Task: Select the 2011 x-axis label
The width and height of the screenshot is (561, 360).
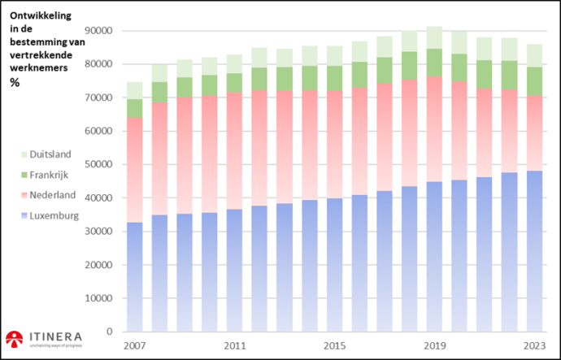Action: click(235, 345)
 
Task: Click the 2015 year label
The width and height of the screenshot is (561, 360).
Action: click(335, 345)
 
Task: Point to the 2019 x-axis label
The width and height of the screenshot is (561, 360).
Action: click(434, 345)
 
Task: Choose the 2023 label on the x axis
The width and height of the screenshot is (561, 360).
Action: click(534, 345)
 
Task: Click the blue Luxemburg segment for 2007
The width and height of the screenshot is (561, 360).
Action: click(134, 276)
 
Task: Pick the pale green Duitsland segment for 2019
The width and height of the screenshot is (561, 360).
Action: click(434, 37)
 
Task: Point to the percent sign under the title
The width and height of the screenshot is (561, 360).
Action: click(15, 82)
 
